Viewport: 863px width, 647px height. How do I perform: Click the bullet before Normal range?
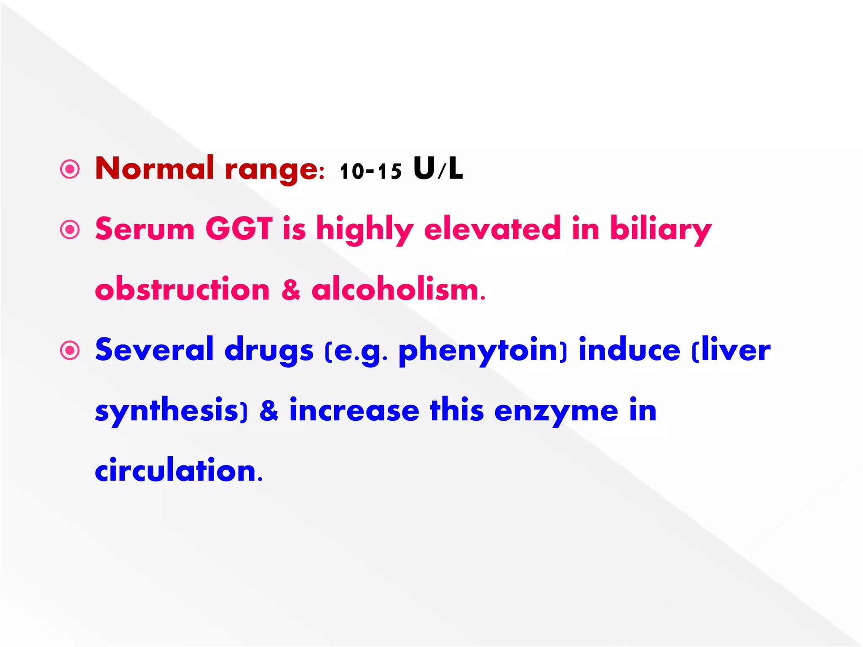(x=70, y=170)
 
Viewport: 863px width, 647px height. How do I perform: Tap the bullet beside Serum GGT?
(x=70, y=230)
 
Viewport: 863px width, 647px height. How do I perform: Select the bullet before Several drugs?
(x=70, y=350)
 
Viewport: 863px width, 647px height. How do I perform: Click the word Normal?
(x=155, y=168)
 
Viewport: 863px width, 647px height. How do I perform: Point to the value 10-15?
(x=370, y=171)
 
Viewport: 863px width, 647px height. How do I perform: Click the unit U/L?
(x=438, y=168)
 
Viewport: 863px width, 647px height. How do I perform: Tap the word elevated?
(x=492, y=229)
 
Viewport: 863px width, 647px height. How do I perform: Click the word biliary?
(x=661, y=230)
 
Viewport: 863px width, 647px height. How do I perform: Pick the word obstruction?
(x=182, y=289)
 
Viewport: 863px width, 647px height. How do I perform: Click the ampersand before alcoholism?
(x=291, y=289)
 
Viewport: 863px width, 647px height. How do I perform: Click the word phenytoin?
(x=482, y=350)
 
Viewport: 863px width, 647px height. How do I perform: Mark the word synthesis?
(x=167, y=411)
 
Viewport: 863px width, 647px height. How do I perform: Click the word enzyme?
(x=556, y=411)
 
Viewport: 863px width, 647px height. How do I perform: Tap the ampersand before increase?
(x=269, y=411)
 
